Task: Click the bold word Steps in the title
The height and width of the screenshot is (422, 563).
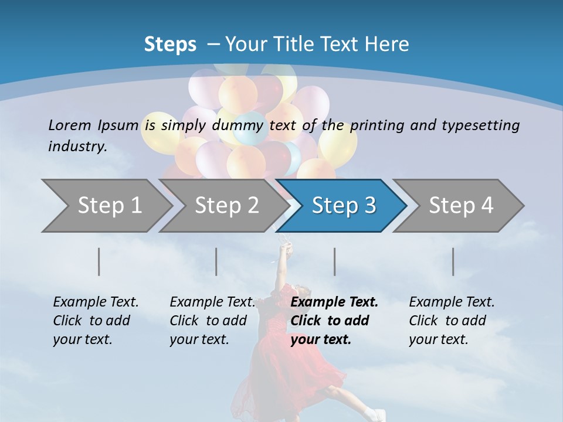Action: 170,44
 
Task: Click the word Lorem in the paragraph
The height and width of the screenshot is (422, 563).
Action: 69,125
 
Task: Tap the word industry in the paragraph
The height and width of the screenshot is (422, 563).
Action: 77,146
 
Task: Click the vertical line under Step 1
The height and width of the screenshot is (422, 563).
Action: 99,261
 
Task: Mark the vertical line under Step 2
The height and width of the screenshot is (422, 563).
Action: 216,261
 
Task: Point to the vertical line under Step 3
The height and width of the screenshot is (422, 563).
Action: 334,261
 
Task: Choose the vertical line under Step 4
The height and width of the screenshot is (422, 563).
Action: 453,261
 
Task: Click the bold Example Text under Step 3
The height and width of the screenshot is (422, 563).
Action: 334,302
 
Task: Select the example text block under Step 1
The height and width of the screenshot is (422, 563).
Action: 96,321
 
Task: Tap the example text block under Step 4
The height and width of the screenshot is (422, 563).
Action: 452,321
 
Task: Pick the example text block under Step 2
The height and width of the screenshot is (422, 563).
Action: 212,321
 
